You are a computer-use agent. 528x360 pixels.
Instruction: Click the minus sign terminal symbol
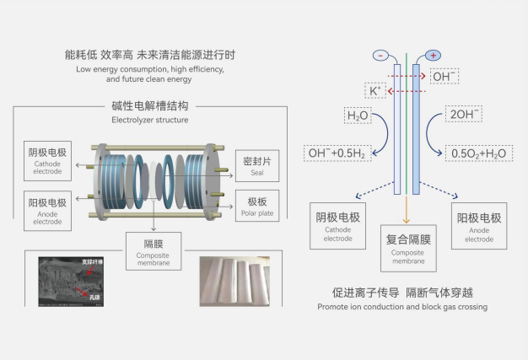pyautogui.click(x=380, y=55)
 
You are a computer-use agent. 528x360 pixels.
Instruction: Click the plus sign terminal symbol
pyautogui.click(x=434, y=55)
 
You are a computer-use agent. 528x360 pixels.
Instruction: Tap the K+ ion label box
pyautogui.click(x=374, y=90)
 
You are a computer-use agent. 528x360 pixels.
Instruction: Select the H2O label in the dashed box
pyautogui.click(x=358, y=116)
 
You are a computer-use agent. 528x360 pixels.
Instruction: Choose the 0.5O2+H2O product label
pyautogui.click(x=478, y=153)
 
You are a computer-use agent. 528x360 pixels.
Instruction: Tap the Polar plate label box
pyautogui.click(x=257, y=206)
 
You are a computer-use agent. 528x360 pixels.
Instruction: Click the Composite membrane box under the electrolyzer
pyautogui.click(x=153, y=250)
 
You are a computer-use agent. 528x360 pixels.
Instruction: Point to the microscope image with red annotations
pyautogui.click(x=84, y=281)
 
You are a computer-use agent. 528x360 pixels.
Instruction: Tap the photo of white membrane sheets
pyautogui.click(x=234, y=281)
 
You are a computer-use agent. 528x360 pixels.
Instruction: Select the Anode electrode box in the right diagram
pyautogui.click(x=479, y=223)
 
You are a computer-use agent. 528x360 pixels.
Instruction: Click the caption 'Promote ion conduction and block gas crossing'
pyautogui.click(x=402, y=307)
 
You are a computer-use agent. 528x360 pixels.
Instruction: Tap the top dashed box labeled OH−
pyautogui.click(x=444, y=77)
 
